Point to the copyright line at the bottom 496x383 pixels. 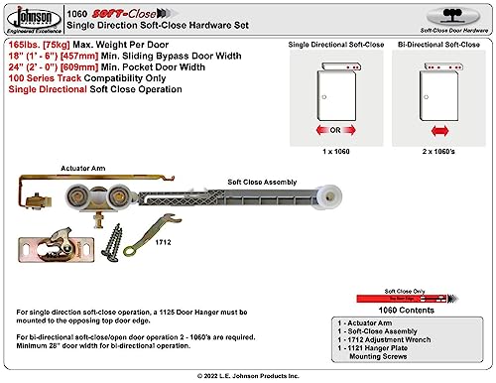coord(247,374)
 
